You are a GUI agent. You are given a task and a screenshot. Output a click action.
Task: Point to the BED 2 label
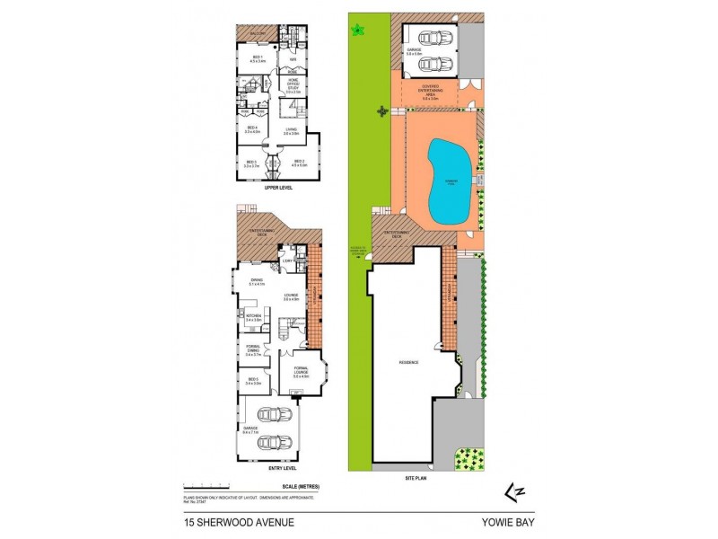pos(299,163)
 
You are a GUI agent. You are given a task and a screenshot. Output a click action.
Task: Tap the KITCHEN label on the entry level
pos(253,318)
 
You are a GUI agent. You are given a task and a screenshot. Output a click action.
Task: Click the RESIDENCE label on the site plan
pos(409,363)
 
